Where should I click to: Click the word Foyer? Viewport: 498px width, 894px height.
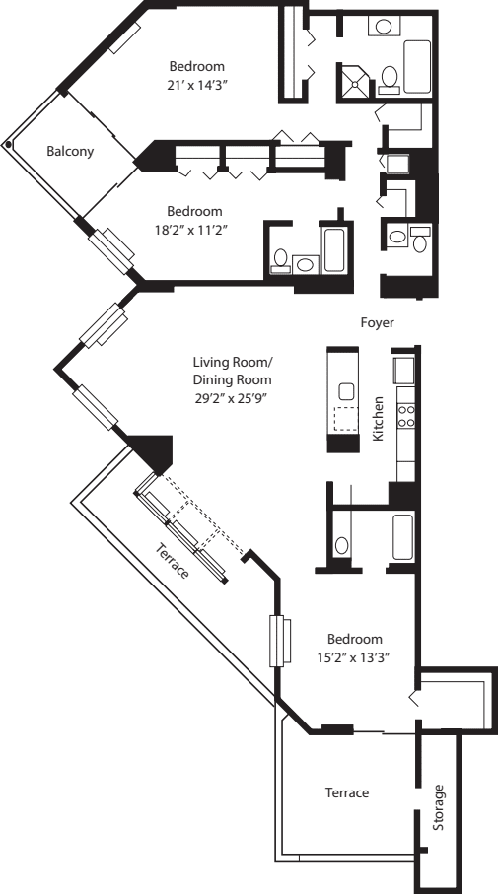click(378, 321)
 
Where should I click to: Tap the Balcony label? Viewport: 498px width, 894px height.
click(70, 152)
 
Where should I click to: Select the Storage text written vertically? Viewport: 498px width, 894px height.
click(439, 807)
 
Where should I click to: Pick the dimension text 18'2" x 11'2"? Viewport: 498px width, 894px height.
click(194, 229)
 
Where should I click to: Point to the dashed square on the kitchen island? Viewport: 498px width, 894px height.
click(344, 420)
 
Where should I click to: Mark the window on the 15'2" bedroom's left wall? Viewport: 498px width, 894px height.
click(279, 642)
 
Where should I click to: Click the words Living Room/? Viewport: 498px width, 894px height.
click(232, 362)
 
